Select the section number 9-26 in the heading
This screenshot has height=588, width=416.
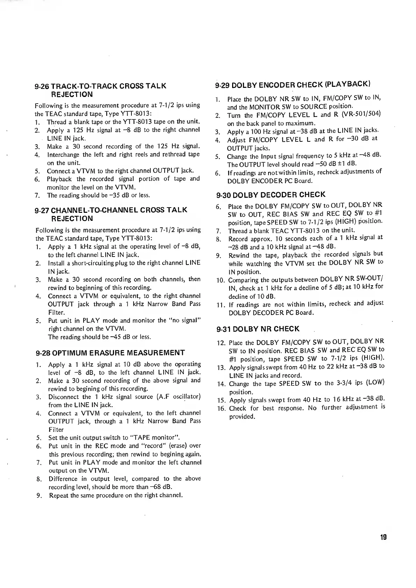pyautogui.click(x=42, y=86)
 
